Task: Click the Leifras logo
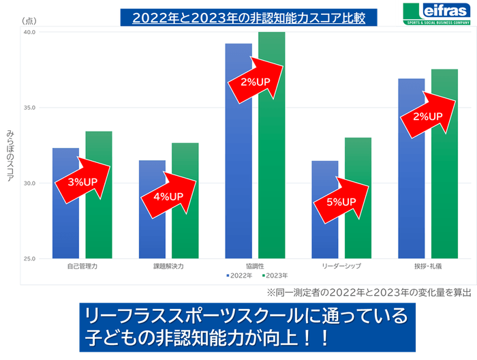coord(437,14)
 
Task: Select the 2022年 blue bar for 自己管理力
coord(65,218)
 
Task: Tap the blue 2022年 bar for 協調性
coord(238,170)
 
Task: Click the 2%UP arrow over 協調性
coord(256,80)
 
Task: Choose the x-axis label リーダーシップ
coord(341,266)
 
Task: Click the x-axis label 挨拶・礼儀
coord(428,266)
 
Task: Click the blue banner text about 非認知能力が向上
coord(245,327)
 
